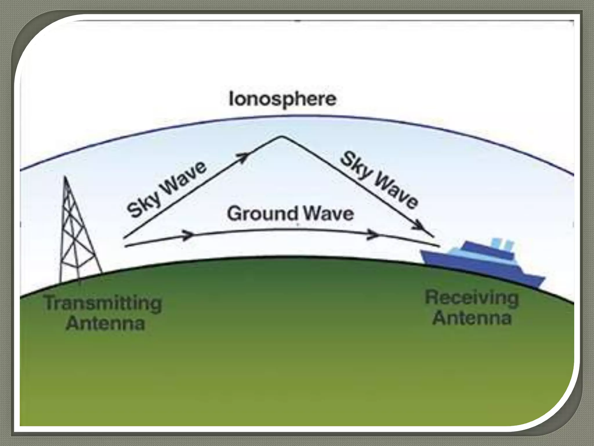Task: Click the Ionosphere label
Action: click(x=282, y=100)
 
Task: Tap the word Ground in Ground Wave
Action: click(x=262, y=214)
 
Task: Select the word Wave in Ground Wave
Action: click(x=328, y=214)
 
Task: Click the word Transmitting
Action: click(x=103, y=304)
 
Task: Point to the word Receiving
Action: click(x=472, y=298)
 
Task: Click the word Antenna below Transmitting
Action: click(x=105, y=323)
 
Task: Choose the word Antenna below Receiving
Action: click(x=472, y=318)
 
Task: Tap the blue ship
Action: click(x=481, y=261)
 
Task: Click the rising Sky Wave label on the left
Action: click(x=167, y=189)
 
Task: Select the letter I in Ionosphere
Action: click(x=231, y=99)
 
